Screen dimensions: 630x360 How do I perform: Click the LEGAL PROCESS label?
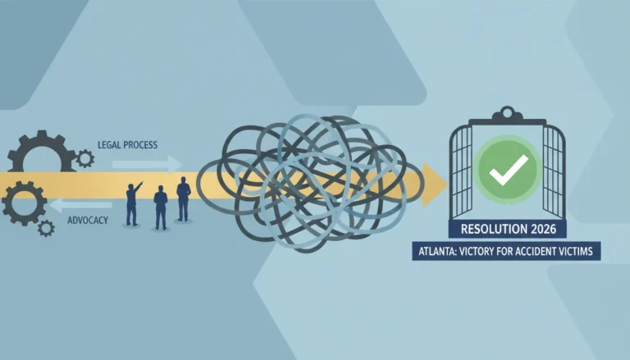click(127, 144)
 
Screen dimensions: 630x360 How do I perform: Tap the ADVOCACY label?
click(88, 220)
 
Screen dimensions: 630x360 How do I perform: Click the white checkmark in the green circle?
click(509, 170)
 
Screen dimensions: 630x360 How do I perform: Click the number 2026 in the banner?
click(543, 229)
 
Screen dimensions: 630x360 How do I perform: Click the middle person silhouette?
click(161, 207)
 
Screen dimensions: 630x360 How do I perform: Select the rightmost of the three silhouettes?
click(184, 199)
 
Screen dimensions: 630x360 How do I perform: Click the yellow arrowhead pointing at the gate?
click(434, 185)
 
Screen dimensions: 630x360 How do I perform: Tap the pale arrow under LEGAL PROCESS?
click(147, 164)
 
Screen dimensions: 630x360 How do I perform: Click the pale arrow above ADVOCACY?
click(80, 205)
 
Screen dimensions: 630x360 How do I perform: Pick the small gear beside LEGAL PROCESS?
click(85, 159)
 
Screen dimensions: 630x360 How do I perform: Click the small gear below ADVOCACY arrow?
click(46, 228)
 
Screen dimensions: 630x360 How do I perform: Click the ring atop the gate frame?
click(507, 112)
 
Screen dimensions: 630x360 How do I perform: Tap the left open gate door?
click(461, 171)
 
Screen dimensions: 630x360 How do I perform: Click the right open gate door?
click(554, 171)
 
